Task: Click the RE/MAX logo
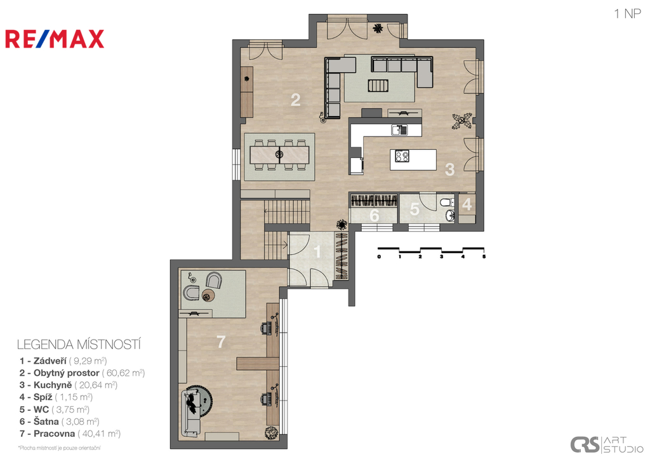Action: click(x=55, y=39)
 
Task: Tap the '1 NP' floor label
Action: click(x=627, y=14)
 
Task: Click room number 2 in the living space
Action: click(x=295, y=100)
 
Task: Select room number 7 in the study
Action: click(x=221, y=342)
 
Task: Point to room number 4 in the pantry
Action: click(x=467, y=204)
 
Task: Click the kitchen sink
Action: click(x=399, y=130)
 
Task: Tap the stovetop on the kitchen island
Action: click(x=402, y=156)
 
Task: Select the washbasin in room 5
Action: click(x=450, y=215)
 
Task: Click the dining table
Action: click(x=280, y=155)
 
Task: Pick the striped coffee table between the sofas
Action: click(x=378, y=86)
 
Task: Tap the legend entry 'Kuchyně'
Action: click(x=52, y=385)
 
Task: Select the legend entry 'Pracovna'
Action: click(x=54, y=434)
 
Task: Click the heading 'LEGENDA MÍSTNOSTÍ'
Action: click(x=79, y=345)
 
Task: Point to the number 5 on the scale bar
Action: click(x=484, y=256)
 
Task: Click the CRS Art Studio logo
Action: click(x=606, y=444)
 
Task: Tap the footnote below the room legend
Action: click(x=59, y=448)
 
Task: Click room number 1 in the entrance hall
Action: click(x=317, y=251)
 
